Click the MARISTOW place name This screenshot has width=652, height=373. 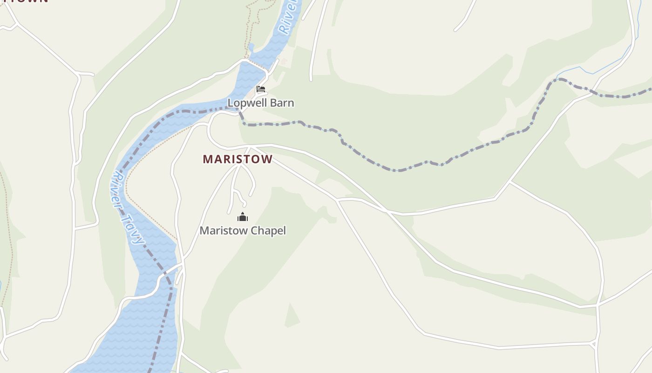pos(238,159)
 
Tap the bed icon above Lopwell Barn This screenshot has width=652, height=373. pos(261,89)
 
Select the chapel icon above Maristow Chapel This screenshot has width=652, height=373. pos(243,217)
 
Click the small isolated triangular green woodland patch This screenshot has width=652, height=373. pos(292,316)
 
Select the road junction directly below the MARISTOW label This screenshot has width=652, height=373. pos(240,165)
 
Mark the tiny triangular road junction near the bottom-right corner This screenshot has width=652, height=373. pos(594,344)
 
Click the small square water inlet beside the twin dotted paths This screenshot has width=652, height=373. pos(251,48)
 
